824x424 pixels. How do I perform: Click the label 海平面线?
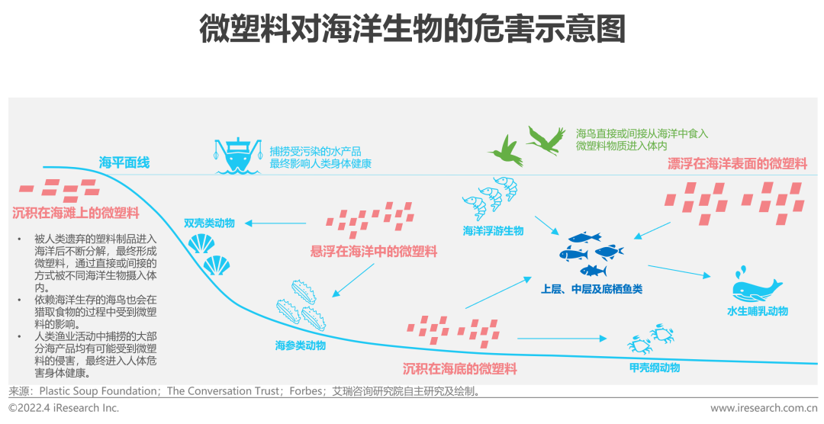[124, 162]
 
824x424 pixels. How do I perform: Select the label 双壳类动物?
[209, 223]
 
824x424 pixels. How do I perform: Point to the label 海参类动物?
[301, 345]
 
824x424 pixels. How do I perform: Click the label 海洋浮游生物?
[493, 230]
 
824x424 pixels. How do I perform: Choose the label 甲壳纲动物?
[654, 368]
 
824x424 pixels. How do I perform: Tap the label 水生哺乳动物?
[758, 311]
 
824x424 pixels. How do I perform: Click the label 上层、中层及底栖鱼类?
[591, 289]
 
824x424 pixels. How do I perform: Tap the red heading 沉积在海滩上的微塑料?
[76, 213]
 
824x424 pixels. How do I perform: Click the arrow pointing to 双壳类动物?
[275, 223]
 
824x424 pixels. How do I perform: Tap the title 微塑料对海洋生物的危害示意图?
[412, 31]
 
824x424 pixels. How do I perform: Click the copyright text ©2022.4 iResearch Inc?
[64, 408]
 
